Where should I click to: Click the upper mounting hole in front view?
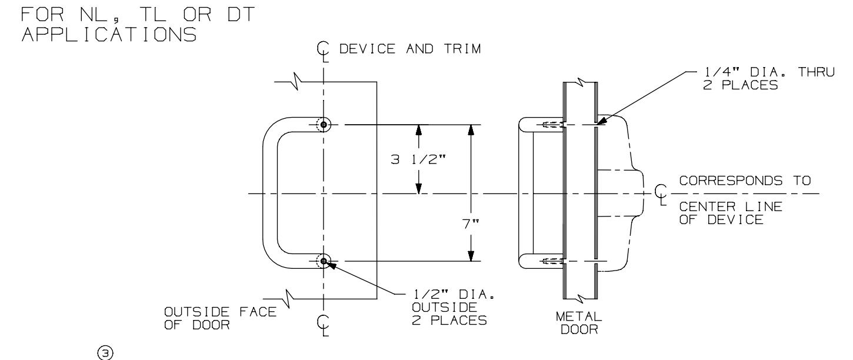tap(323, 125)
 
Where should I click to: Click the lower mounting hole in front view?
tap(323, 261)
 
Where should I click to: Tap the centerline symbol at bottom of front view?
tap(322, 324)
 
